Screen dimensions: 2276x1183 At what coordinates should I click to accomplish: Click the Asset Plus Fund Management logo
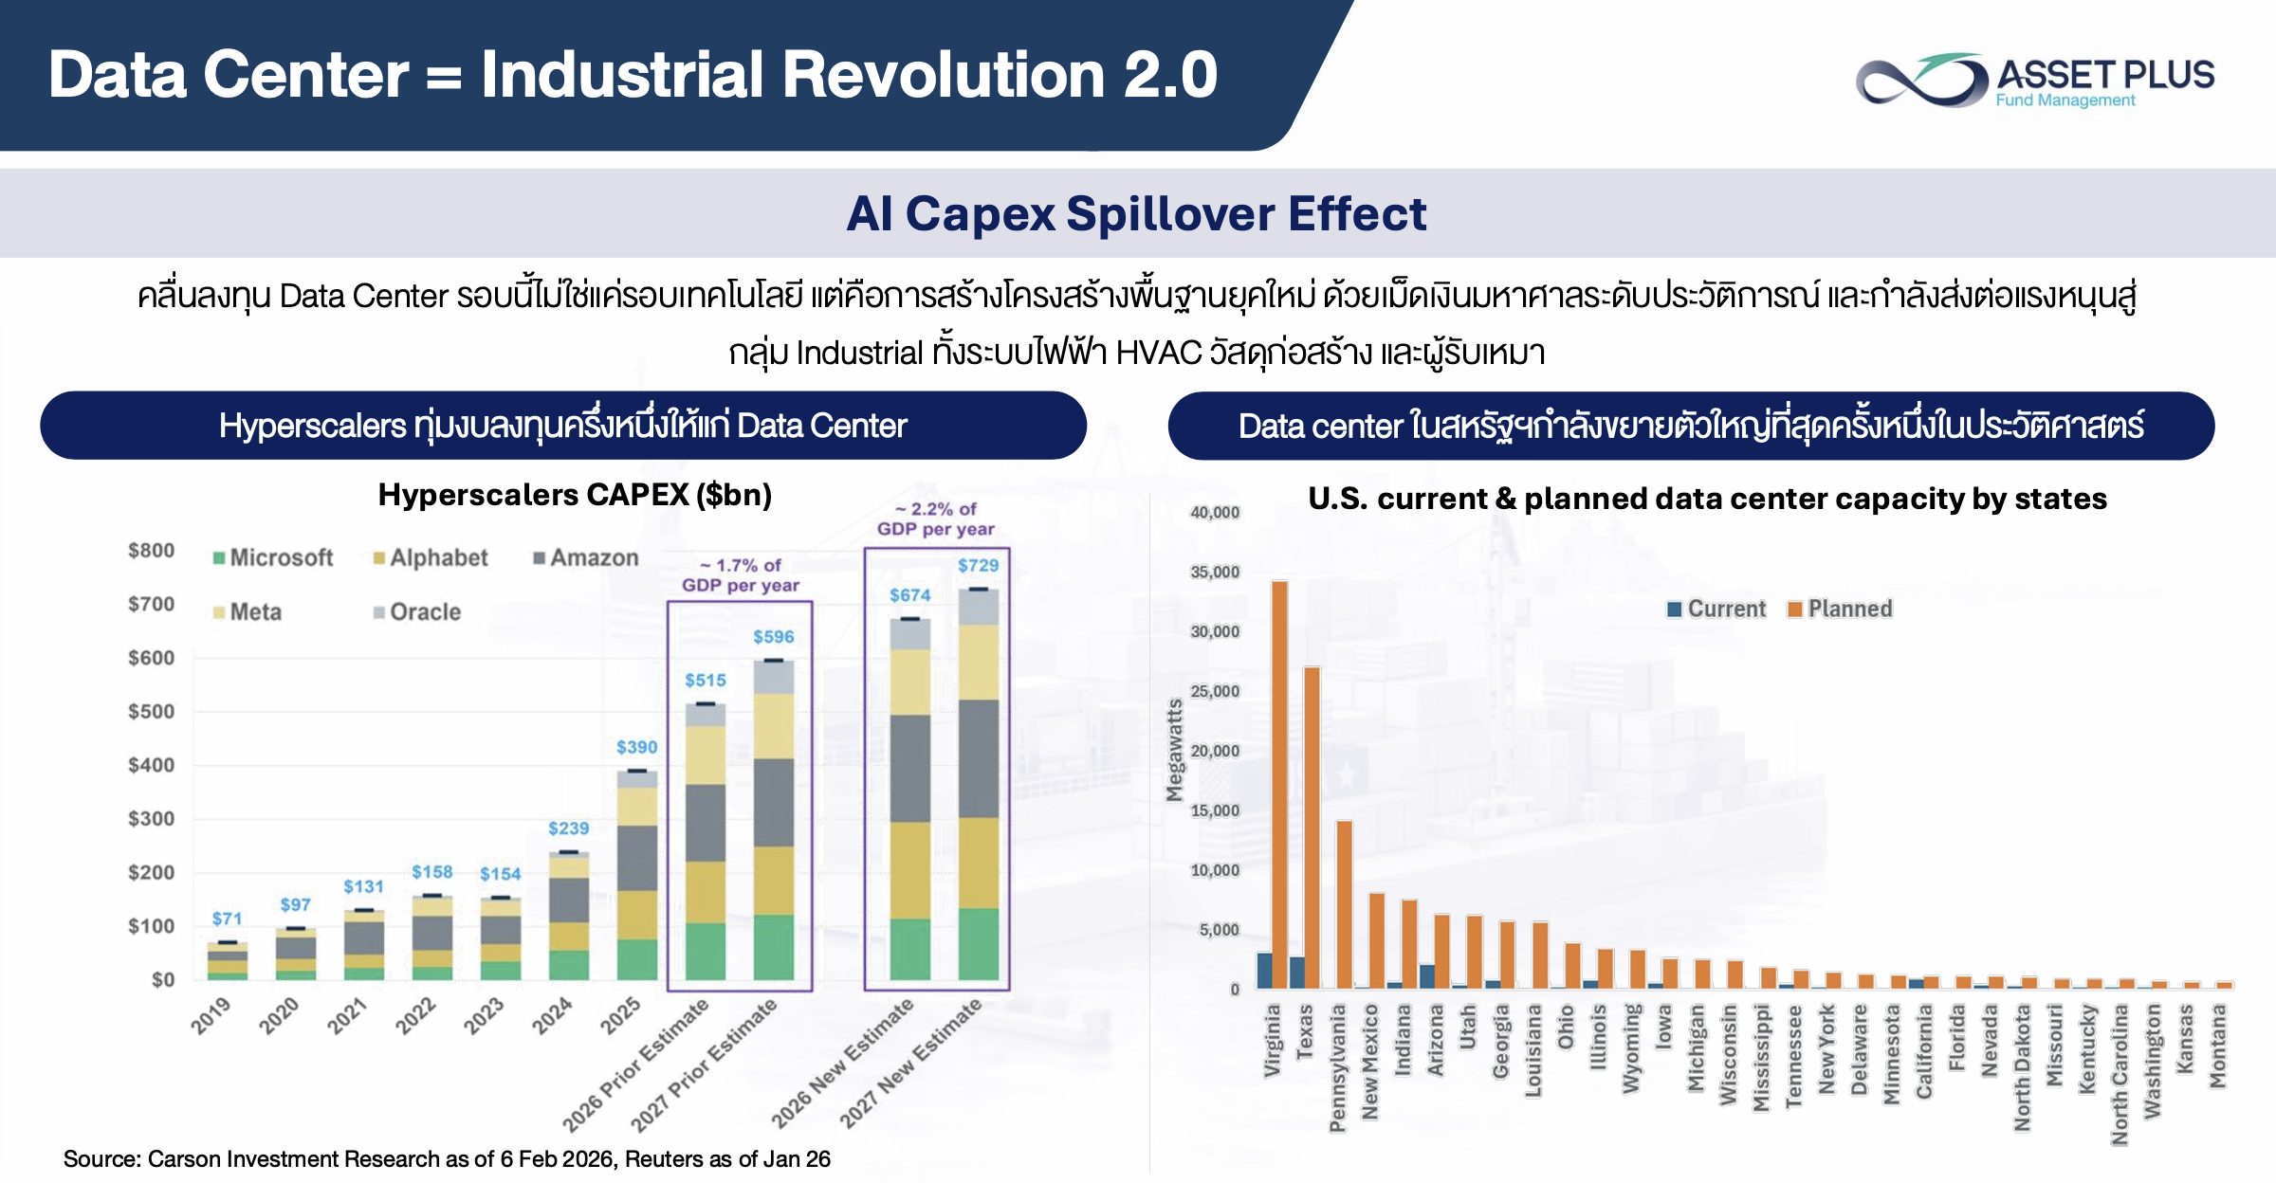tap(2035, 80)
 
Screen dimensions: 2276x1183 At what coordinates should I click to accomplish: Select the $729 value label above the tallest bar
tap(978, 566)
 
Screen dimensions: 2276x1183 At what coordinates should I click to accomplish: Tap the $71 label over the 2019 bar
tap(227, 919)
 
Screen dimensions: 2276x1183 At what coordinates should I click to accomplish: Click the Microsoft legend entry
tap(273, 557)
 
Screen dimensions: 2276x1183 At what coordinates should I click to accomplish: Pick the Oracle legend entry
tap(417, 612)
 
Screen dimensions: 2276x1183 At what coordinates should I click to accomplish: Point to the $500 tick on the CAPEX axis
tap(152, 711)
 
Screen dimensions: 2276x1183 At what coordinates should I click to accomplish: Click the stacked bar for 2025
tap(637, 875)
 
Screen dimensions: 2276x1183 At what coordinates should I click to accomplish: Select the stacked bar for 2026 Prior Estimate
tap(706, 842)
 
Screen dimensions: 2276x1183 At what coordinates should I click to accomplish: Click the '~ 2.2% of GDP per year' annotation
tap(936, 519)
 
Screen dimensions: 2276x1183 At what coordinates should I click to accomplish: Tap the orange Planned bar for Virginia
tap(1279, 785)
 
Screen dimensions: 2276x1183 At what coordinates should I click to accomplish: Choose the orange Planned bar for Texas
tap(1312, 828)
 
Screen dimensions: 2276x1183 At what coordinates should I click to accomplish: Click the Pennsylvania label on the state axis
tap(1337, 1068)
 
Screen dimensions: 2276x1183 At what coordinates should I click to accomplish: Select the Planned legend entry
tap(1840, 609)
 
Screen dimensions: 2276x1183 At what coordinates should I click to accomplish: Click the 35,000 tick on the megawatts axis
tap(1215, 572)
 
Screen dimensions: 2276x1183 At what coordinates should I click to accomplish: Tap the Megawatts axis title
tap(1175, 750)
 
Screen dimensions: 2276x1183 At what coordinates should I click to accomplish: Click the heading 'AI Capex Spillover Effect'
tap(1136, 213)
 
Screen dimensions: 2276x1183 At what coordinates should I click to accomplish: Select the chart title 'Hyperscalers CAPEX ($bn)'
tap(575, 495)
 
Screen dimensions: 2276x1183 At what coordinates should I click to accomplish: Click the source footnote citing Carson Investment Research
tap(447, 1158)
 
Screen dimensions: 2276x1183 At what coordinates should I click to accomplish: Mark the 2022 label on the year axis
tap(415, 1015)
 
